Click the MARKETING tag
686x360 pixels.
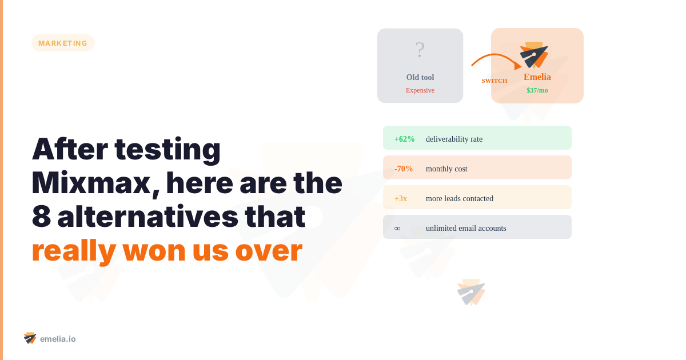tap(63, 43)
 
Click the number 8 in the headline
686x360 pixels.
tap(41, 217)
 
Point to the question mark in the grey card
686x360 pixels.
tap(420, 50)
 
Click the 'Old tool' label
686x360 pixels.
tap(420, 78)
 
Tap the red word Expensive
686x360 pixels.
tap(420, 90)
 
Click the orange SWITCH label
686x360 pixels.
tap(494, 81)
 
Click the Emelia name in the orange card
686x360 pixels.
tap(537, 77)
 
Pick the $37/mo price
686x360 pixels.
tap(537, 90)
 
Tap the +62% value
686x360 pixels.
tap(404, 139)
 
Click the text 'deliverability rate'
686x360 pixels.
tap(454, 139)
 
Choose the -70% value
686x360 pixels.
tap(404, 169)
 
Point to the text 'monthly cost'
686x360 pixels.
tap(446, 169)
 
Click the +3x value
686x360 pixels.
tap(401, 198)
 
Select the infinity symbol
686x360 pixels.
tap(397, 228)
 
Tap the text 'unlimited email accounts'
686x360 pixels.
tap(466, 228)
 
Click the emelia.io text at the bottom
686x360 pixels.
tap(58, 339)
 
